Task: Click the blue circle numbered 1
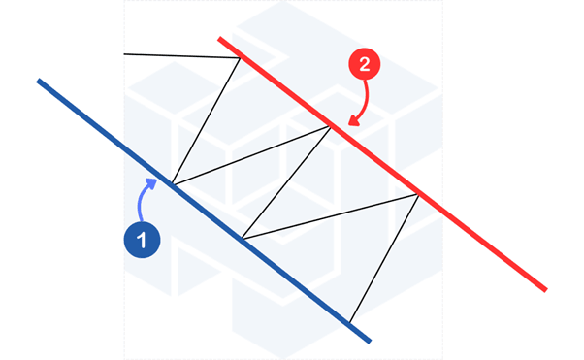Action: pos(142,240)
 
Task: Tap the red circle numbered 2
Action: pos(364,64)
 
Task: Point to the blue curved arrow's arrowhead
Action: pos(151,183)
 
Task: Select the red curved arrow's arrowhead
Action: pos(353,120)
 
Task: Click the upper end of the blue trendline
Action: pos(38,81)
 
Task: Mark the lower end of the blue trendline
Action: pos(371,342)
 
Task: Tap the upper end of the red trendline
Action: pos(219,39)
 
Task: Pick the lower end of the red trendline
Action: pos(546,290)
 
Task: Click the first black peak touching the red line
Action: pos(240,58)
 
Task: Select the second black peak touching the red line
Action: pos(330,127)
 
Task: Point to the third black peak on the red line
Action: pos(419,194)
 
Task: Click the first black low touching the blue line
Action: pos(172,184)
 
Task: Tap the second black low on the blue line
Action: pos(243,239)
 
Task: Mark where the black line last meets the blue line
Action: pos(349,323)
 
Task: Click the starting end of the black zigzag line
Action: pos(124,54)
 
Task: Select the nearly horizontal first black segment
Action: pos(181,56)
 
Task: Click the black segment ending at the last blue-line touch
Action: pos(384,259)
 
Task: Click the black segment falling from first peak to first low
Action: pos(206,120)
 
